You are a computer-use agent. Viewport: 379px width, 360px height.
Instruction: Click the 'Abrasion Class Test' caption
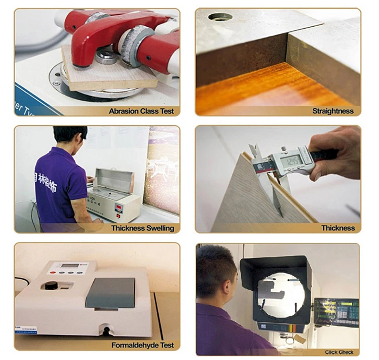[x=141, y=111]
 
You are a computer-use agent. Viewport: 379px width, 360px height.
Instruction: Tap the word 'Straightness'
[x=333, y=111]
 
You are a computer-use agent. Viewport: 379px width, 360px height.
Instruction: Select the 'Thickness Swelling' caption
[x=143, y=228]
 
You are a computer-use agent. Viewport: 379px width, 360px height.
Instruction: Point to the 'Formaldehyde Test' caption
[x=143, y=345]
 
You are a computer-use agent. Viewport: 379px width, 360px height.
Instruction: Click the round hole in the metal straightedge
[x=220, y=17]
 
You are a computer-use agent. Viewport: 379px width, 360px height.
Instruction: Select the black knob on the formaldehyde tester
[x=53, y=285]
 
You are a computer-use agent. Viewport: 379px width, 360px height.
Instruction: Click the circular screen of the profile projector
[x=281, y=292]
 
